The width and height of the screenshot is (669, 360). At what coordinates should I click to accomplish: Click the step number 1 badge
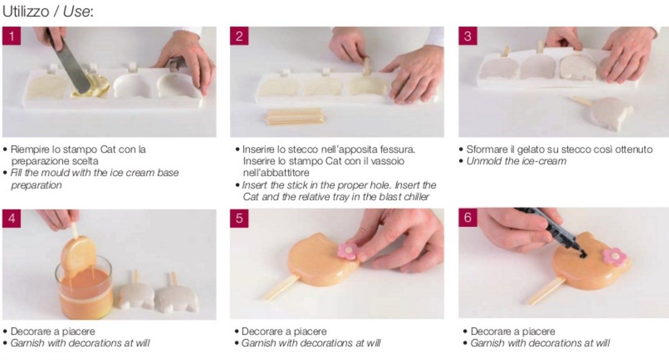click(11, 36)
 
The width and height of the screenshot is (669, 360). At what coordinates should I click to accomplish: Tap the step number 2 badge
click(239, 36)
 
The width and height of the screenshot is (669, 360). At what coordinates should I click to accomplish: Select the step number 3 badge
click(468, 36)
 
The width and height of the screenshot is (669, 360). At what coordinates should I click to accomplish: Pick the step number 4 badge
click(11, 218)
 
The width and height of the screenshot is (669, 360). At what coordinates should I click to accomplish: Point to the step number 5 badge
click(239, 218)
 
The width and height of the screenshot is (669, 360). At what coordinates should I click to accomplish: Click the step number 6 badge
click(468, 217)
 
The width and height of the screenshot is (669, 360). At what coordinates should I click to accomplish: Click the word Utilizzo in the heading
click(25, 12)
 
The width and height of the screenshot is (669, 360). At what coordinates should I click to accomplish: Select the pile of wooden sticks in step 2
click(295, 117)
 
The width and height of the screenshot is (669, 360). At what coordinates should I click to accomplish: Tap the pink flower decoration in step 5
click(348, 251)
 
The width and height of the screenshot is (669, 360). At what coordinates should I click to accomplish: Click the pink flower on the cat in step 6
click(614, 257)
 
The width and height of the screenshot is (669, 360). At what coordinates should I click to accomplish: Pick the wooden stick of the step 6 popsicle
click(546, 291)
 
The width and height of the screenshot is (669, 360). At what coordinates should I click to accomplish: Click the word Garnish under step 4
click(27, 343)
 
